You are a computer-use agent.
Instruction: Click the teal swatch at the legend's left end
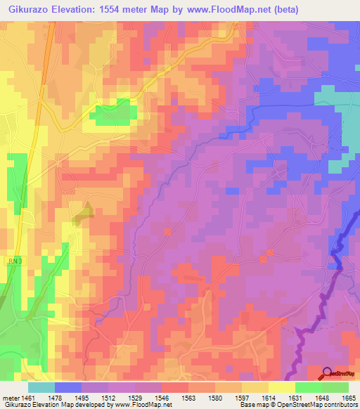pyautogui.click(x=41, y=387)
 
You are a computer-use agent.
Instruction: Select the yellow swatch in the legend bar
pyautogui.click(x=282, y=387)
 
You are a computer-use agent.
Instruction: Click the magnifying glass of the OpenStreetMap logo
pyautogui.click(x=328, y=373)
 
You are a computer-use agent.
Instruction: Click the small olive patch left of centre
pyautogui.click(x=85, y=210)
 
